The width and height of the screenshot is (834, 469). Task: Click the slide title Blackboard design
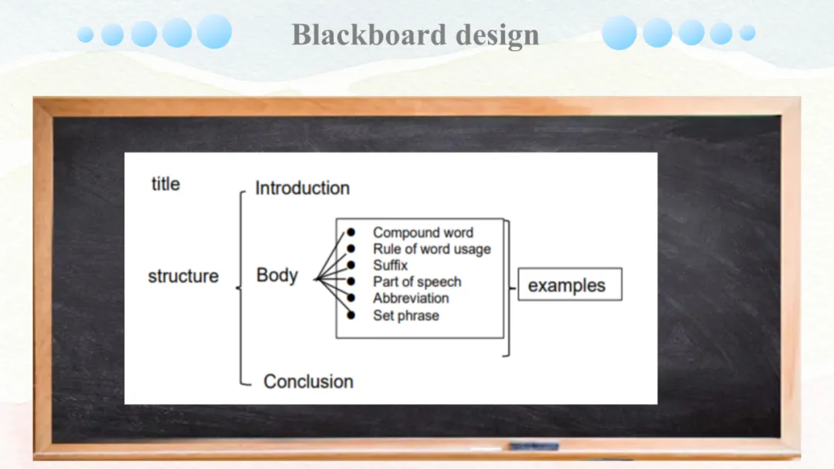[x=415, y=35]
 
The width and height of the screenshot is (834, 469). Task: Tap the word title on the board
[x=165, y=184]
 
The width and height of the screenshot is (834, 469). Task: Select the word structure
[x=183, y=276]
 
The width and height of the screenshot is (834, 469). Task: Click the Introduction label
[x=302, y=188]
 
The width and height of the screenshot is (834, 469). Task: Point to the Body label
[x=276, y=275]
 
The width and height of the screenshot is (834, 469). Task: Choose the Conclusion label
[x=308, y=381]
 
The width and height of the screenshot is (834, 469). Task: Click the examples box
[x=569, y=285]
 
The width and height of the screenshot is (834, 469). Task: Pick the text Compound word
[x=422, y=232]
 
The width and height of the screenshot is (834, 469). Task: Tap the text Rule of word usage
[x=431, y=248]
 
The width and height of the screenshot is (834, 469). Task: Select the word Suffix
[x=390, y=265]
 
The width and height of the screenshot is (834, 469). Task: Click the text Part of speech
[x=416, y=282]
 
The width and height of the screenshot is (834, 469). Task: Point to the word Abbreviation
[x=410, y=299]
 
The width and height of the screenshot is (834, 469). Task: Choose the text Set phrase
[x=405, y=315]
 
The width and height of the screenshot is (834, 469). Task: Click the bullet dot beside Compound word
[x=351, y=232]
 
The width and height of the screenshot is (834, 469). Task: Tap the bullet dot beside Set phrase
[x=351, y=315]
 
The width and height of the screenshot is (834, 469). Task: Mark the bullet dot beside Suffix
[x=351, y=265]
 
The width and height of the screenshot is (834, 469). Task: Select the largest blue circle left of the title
[x=214, y=32]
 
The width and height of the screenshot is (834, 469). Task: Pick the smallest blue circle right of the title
[x=747, y=32]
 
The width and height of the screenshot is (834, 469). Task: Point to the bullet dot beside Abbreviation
[x=351, y=299]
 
